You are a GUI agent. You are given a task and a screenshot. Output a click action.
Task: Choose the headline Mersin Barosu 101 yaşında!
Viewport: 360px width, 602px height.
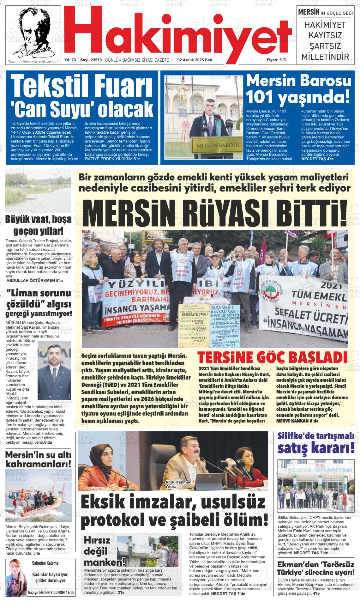tap(298, 89)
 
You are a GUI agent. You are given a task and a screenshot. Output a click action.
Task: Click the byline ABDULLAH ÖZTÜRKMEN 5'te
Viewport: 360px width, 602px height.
tap(35, 280)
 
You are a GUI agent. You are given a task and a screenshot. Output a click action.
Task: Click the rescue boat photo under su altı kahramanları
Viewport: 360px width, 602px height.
tap(39, 496)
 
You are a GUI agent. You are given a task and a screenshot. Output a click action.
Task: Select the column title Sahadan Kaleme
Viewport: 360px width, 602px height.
tap(45, 563)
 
